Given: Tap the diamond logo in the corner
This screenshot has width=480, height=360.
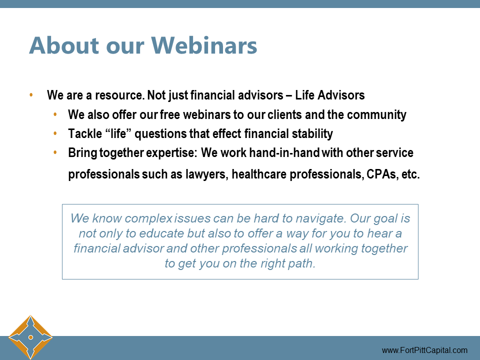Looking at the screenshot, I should pos(30,337).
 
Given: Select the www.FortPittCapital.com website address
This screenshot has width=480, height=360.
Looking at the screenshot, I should pos(424,350).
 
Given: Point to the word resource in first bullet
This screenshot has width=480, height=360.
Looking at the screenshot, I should pos(116,95).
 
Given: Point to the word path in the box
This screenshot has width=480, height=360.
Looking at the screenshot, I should pos(302,263).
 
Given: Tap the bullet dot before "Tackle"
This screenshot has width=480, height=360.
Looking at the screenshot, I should pos(55,133).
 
